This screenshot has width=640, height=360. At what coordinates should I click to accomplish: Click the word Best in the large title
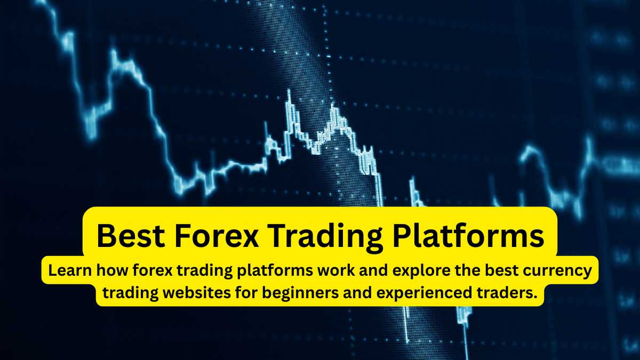(x=131, y=236)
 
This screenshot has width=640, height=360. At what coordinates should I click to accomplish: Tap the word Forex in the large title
(x=217, y=236)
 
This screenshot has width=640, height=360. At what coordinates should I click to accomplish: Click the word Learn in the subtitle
(x=70, y=270)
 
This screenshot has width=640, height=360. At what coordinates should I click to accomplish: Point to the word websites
(x=197, y=293)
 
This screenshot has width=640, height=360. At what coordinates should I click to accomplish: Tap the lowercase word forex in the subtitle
(x=153, y=270)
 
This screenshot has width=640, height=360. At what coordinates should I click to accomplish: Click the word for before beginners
(x=246, y=293)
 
